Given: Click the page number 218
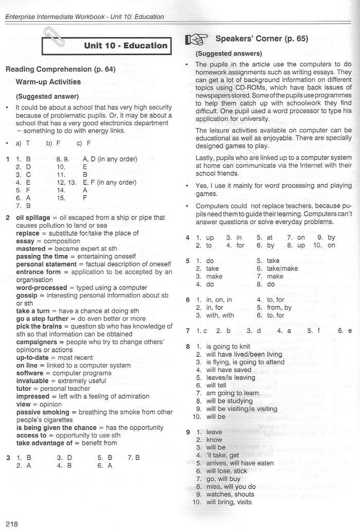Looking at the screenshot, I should [x=11, y=524].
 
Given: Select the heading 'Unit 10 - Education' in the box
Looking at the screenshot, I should [x=125, y=45].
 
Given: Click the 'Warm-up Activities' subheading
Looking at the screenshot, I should [x=48, y=82].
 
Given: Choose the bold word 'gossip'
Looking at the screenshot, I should [x=29, y=296].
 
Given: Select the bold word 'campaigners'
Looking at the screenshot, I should [x=39, y=342].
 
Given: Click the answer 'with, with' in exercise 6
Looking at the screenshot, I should [x=220, y=315].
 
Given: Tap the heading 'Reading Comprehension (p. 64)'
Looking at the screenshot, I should [x=60, y=69].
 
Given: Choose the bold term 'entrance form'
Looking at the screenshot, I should [x=38, y=272].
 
